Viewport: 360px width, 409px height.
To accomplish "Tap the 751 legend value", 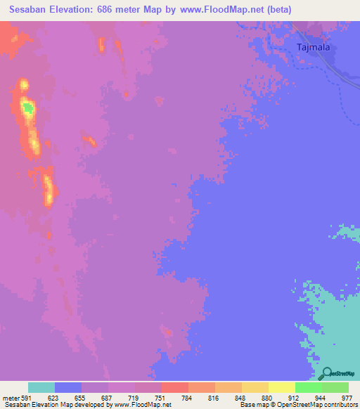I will coord(161,397).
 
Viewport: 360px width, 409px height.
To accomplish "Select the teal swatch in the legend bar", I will coord(41,387).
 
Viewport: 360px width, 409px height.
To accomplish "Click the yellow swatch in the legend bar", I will coord(282,387).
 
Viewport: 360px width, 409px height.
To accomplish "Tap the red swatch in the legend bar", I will coord(175,387).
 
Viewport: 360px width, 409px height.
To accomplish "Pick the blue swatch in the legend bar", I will coord(68,387).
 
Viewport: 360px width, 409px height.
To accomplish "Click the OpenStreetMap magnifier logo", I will coord(326,373).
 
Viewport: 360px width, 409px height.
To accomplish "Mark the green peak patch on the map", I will coord(27,108).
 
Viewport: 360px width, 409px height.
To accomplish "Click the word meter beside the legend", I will coord(9,397).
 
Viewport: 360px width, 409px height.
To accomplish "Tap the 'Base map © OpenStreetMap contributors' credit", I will coord(298,405).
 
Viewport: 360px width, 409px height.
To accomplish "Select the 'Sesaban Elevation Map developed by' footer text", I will coord(50,405).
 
